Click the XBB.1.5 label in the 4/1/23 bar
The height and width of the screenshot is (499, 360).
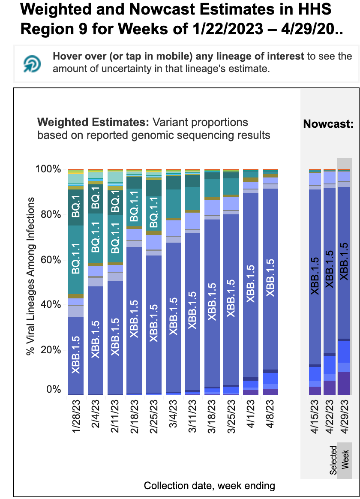pos(251,284)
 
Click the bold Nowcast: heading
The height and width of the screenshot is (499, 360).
pos(328,124)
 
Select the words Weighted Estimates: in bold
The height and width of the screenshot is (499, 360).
pos(93,123)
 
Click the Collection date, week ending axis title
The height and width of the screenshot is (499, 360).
pos(209,486)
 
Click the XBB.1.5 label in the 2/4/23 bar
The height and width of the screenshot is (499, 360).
pos(95,339)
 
